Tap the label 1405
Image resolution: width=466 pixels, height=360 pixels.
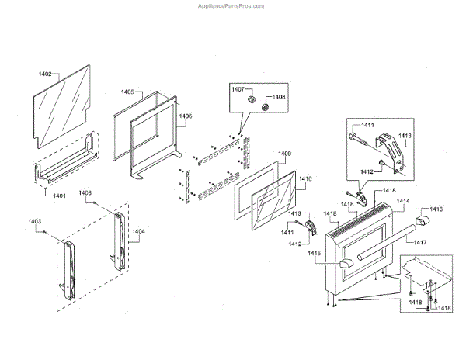coord(127,92)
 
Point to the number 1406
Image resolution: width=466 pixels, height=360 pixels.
coord(186,117)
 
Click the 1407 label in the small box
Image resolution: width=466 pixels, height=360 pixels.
coord(238,91)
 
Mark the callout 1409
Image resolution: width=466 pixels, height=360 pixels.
coord(285,154)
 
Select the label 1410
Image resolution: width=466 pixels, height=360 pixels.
coord(305,179)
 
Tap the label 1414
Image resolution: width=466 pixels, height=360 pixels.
coord(402,201)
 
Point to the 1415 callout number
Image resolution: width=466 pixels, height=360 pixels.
coord(314,253)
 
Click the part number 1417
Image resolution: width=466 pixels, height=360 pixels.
coord(420,243)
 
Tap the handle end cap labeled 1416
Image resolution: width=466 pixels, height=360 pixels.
coord(424,223)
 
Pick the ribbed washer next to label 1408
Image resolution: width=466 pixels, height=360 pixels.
coord(265,106)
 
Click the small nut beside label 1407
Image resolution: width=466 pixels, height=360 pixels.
coord(251,100)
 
